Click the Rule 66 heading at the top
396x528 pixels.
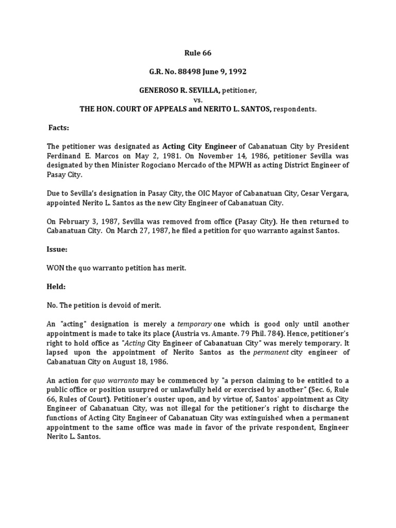tap(198, 53)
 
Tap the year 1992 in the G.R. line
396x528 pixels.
tap(230, 72)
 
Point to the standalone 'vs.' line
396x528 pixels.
tap(198, 100)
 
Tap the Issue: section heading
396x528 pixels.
tap(58, 249)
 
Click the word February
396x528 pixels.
tap(73, 222)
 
